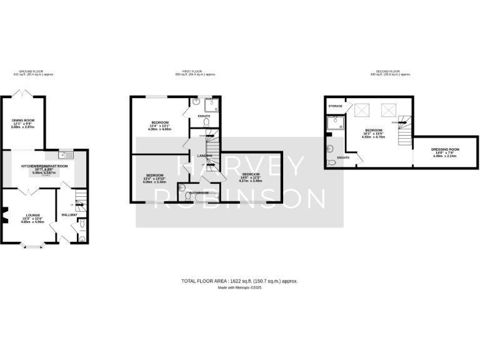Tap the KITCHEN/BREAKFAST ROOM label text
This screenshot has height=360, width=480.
(43, 166)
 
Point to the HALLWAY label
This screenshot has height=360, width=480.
(69, 215)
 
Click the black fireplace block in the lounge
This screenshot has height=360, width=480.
(3, 218)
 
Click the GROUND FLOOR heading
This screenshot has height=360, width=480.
(34, 72)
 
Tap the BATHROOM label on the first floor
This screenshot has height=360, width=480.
(199, 193)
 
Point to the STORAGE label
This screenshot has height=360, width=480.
(336, 107)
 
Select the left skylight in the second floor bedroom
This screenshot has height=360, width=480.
(362, 111)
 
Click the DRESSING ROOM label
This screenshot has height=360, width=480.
(446, 149)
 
